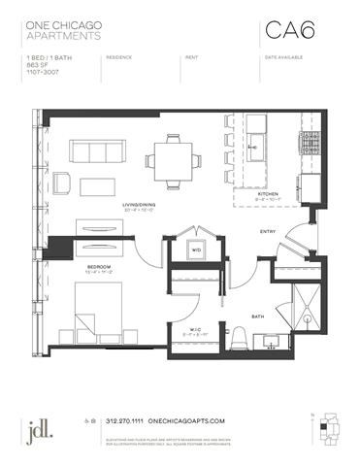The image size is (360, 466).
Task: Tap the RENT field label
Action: tap(190, 57)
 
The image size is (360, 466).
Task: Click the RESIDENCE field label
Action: tap(119, 57)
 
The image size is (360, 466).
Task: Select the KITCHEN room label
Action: tap(269, 193)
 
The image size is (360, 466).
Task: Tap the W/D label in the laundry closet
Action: tap(195, 249)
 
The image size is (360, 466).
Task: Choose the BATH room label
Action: tap(258, 316)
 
